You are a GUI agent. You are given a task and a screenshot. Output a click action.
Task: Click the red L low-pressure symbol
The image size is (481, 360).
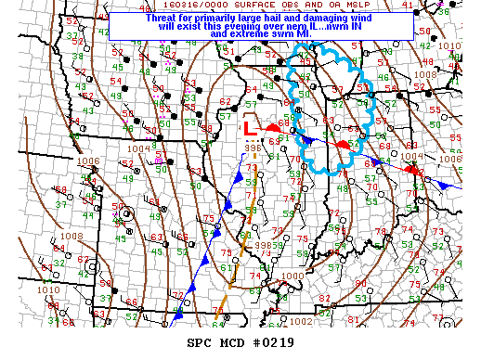248,128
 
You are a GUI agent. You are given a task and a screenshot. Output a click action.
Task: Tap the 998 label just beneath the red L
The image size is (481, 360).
253,148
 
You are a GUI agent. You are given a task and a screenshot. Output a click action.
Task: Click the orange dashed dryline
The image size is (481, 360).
232,269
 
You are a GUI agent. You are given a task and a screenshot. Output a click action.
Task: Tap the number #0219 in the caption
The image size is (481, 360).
268,342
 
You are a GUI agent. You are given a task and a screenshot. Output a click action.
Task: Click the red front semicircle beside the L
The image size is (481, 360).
273,128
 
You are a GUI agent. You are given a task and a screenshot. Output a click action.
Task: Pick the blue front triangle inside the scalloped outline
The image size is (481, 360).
307,139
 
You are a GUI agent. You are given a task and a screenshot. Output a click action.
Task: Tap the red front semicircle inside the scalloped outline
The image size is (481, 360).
344,145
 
